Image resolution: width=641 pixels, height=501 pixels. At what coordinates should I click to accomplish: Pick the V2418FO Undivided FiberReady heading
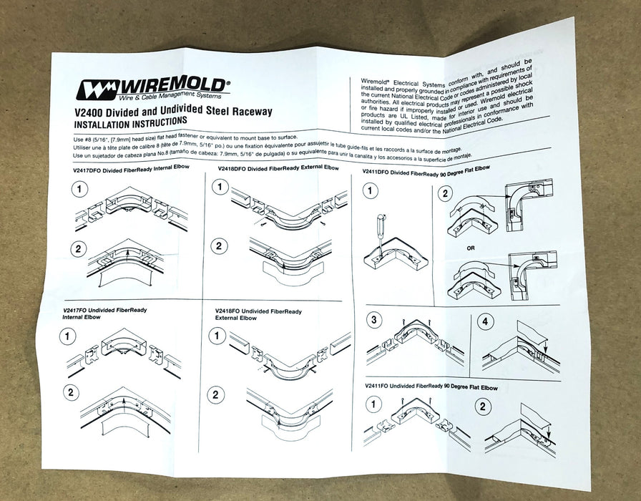coord(257,312)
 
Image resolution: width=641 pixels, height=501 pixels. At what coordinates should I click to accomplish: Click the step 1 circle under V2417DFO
coord(81,189)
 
